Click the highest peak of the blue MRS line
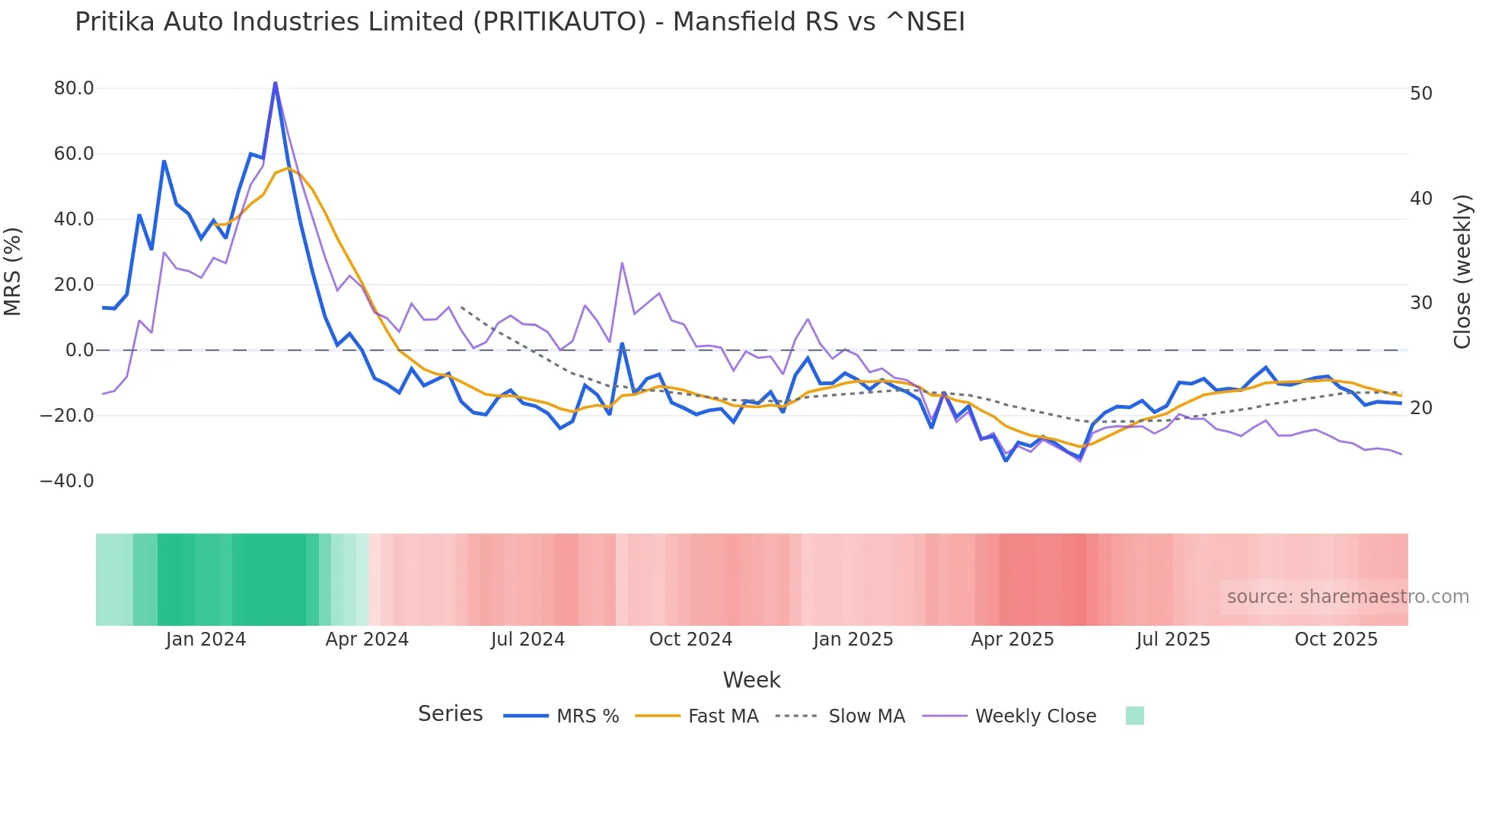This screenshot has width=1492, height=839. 275,83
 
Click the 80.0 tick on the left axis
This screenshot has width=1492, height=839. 74,88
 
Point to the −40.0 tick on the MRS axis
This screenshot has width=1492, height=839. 67,481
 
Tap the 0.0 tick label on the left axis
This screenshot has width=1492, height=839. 79,350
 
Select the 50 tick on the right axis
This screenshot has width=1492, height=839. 1421,94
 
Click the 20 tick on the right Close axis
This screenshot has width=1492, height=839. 1421,408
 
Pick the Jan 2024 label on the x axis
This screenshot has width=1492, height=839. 206,640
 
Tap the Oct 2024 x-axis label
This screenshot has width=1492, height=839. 690,640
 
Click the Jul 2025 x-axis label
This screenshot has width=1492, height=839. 1173,640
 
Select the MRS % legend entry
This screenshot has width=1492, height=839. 587,716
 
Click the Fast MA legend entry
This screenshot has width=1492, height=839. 722,716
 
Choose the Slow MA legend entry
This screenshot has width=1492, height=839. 866,716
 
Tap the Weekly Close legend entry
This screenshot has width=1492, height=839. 1035,716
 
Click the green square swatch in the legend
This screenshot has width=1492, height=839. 1134,716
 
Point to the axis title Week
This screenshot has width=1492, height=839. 751,680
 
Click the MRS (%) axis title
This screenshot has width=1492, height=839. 13,271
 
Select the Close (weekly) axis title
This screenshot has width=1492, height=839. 1462,271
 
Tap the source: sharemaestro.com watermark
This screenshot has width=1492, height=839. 1347,597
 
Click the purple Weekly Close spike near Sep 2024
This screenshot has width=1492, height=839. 622,263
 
